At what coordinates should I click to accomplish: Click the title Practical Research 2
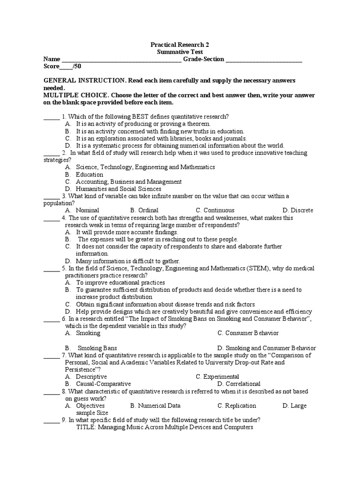pos(180,45)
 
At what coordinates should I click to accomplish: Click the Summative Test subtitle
pos(180,52)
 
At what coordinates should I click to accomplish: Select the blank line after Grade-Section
pos(264,60)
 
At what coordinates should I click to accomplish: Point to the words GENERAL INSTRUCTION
pos(84,81)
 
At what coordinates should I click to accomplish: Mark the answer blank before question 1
pos(51,117)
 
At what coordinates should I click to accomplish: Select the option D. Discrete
pos(298,210)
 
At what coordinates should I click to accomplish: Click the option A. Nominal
pos(82,210)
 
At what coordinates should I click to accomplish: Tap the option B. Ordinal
pos(144,210)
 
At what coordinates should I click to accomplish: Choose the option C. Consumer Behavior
pos(248,333)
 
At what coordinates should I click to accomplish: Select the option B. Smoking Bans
pos(91,348)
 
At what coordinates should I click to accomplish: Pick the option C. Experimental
pos(217,377)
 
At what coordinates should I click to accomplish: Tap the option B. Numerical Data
pos(155,406)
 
